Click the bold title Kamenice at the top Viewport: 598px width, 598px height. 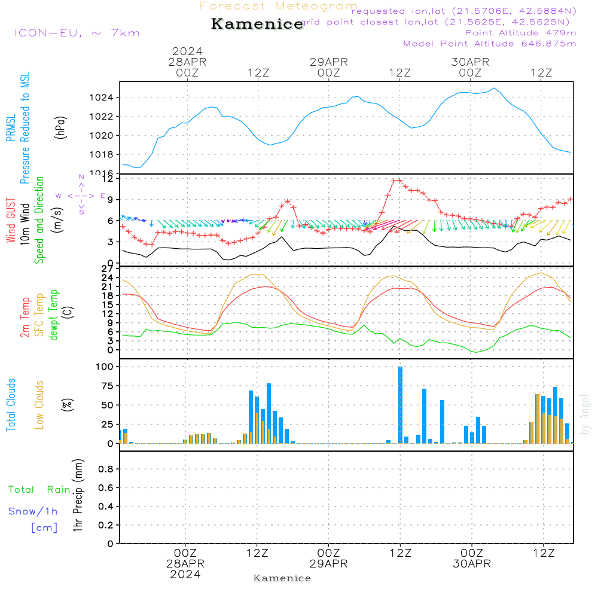click(257, 24)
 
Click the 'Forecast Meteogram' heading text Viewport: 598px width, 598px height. click(279, 6)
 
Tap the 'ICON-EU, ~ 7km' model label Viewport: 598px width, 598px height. click(77, 32)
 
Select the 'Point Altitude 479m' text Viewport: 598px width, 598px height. click(520, 32)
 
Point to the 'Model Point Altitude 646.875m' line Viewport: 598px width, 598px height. click(490, 44)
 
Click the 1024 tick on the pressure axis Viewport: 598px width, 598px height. click(103, 97)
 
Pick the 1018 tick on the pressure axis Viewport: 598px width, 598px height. click(103, 154)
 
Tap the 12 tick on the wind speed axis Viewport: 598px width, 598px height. click(108, 178)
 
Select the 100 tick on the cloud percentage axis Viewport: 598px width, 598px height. click(105, 366)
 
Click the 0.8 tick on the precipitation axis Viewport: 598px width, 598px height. click(106, 469)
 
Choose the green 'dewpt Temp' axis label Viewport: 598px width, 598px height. click(54, 315)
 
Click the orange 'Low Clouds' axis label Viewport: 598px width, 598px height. click(39, 404)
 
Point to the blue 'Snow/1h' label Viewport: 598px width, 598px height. click(33, 511)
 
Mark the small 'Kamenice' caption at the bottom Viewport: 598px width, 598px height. click(282, 578)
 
